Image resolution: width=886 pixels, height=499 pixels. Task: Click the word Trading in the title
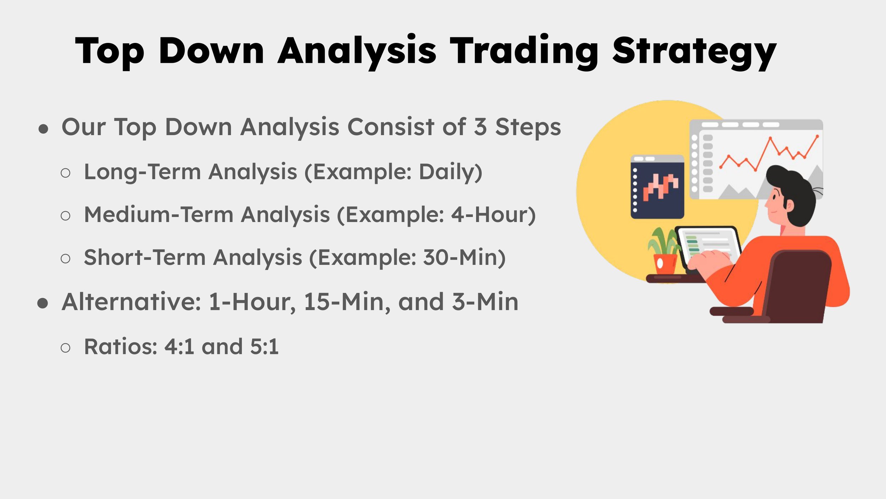[524, 51]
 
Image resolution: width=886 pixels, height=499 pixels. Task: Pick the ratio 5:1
[264, 346]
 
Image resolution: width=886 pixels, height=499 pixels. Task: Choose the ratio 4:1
[179, 346]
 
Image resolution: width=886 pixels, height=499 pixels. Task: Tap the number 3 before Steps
[480, 127]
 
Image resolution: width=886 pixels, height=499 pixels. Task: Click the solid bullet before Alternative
[43, 303]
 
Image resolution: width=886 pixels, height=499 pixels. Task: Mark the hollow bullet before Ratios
[66, 348]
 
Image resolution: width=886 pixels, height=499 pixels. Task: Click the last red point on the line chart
[817, 136]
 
